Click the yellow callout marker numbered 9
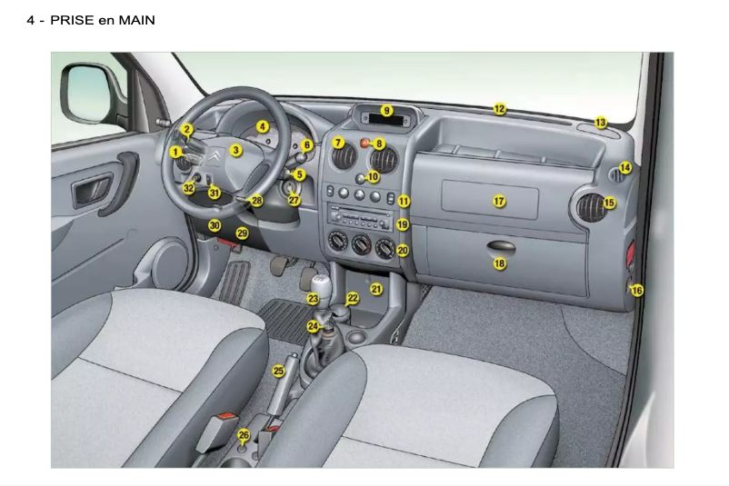pyautogui.click(x=386, y=111)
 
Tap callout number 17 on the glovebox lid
pyautogui.click(x=498, y=201)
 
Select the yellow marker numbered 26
pyautogui.click(x=243, y=435)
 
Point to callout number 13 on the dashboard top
pyautogui.click(x=600, y=122)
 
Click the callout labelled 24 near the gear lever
pyautogui.click(x=313, y=325)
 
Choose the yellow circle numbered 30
pyautogui.click(x=215, y=224)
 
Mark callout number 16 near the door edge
pyautogui.click(x=636, y=290)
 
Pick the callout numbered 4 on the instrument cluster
pyautogui.click(x=262, y=127)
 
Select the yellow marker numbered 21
pyautogui.click(x=375, y=289)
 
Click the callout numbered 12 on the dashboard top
pyautogui.click(x=499, y=109)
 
